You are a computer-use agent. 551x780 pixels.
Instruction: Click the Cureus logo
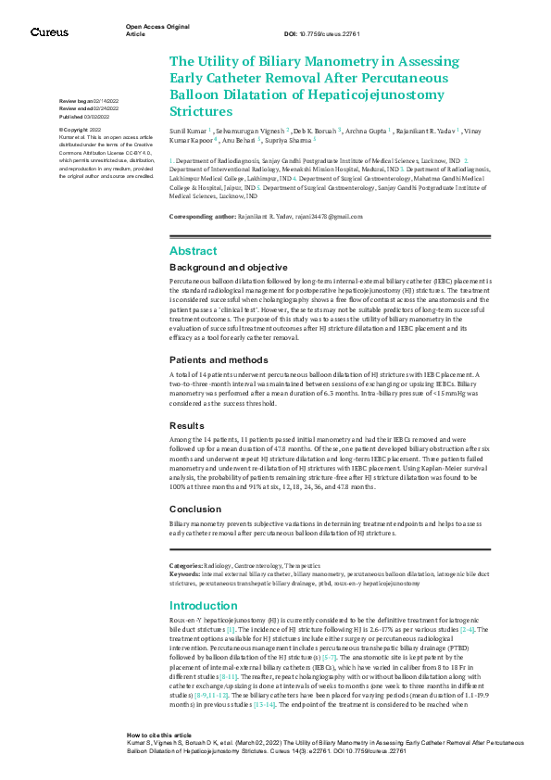coord(49,32)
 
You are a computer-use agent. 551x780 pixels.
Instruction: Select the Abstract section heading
coord(193,251)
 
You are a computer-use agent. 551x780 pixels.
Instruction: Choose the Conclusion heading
coord(194,510)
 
